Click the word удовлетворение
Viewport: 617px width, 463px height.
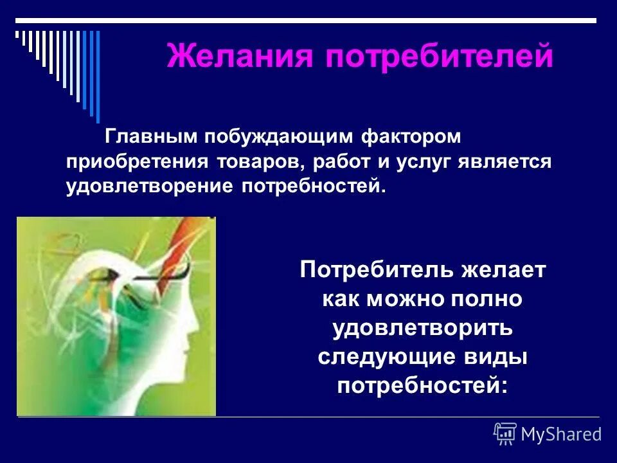[x=151, y=186]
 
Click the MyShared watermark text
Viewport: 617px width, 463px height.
[x=561, y=434]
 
